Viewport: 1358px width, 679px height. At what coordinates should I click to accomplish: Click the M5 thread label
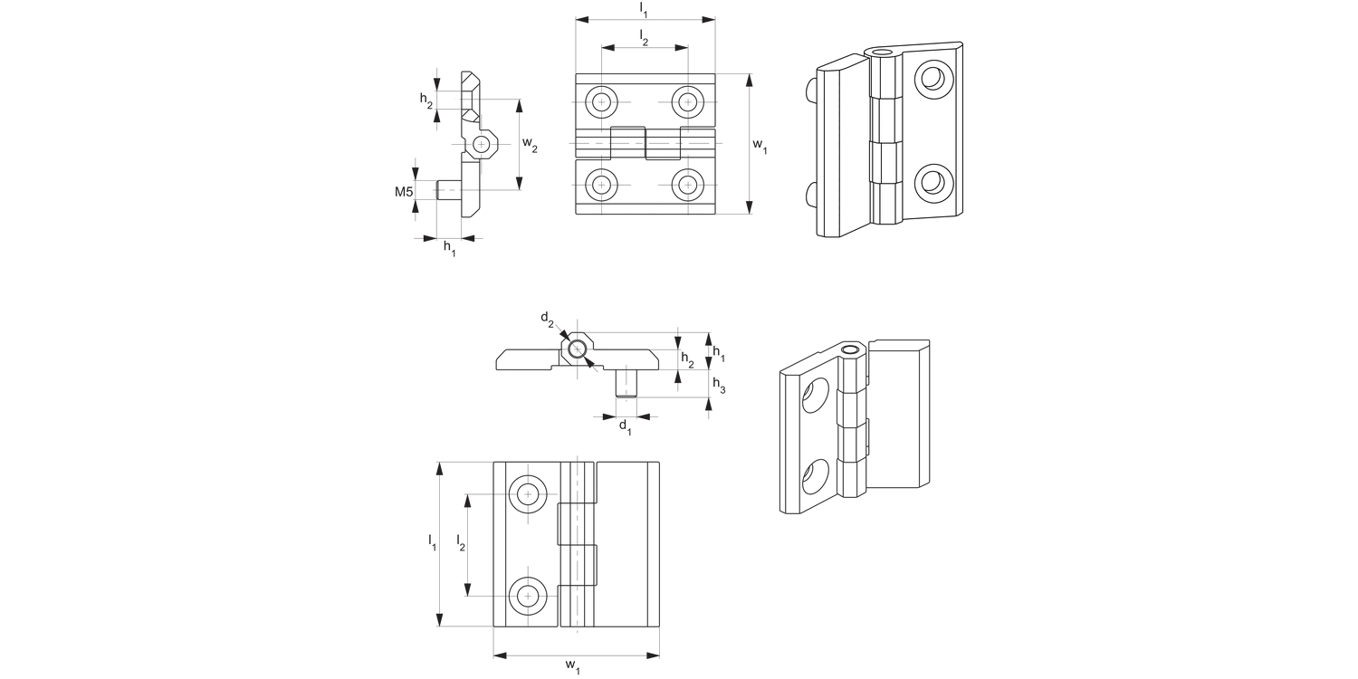404,192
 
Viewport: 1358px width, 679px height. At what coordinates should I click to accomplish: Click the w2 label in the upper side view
531,147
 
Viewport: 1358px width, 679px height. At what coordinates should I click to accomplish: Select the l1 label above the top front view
644,8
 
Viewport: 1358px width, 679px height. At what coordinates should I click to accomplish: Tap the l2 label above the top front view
644,37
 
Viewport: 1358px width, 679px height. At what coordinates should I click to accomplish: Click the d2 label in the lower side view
547,318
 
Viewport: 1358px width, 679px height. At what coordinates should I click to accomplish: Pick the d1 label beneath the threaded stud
625,426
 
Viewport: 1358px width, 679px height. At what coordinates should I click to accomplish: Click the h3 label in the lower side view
719,386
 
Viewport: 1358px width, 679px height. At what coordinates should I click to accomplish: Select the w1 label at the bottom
572,667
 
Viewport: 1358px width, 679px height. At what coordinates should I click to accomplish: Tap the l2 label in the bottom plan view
461,543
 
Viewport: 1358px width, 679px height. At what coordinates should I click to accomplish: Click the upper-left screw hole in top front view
601,101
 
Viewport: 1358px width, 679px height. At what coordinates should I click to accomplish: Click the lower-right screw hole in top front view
689,186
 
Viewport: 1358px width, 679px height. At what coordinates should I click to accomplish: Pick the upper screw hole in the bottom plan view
528,494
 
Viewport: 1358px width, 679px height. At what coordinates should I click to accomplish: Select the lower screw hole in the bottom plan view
528,595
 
